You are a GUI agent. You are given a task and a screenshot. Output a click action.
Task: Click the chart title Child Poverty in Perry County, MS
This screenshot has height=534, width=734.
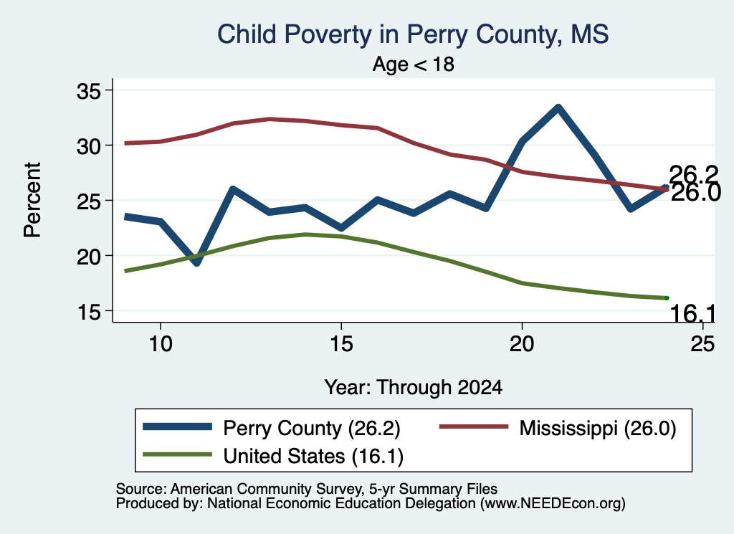pyautogui.click(x=413, y=34)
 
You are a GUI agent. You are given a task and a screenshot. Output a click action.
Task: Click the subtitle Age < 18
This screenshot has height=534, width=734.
pyautogui.click(x=414, y=64)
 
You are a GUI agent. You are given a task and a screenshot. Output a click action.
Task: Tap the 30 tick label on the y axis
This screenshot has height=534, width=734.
pyautogui.click(x=89, y=146)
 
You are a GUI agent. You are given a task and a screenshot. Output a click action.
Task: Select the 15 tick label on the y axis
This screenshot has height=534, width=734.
pyautogui.click(x=89, y=311)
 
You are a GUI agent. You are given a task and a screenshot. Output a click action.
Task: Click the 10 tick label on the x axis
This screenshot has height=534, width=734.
pyautogui.click(x=161, y=344)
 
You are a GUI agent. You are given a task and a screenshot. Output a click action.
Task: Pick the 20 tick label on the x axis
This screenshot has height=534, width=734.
pyautogui.click(x=522, y=344)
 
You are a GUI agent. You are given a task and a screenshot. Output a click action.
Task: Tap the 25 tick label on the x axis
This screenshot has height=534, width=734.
pyautogui.click(x=702, y=344)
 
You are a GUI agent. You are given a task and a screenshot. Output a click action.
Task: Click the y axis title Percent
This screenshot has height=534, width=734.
pyautogui.click(x=32, y=200)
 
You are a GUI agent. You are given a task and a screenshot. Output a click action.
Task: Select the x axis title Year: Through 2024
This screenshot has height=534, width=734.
pyautogui.click(x=414, y=388)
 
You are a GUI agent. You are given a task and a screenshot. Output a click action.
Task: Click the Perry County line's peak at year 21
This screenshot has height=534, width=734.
pyautogui.click(x=558, y=108)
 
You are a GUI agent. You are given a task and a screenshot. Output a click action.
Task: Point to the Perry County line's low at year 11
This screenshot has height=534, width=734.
pyautogui.click(x=196, y=262)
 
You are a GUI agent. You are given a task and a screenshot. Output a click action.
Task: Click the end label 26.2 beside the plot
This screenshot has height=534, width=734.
pyautogui.click(x=693, y=175)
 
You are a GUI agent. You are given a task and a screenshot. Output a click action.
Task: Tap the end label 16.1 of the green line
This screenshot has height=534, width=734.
pyautogui.click(x=693, y=313)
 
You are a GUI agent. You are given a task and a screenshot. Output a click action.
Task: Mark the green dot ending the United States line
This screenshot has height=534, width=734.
pyautogui.click(x=667, y=298)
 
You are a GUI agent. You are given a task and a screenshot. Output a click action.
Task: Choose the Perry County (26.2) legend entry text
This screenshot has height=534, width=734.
pyautogui.click(x=312, y=428)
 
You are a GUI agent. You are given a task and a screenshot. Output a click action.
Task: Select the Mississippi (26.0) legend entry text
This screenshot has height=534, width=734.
pyautogui.click(x=598, y=428)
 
